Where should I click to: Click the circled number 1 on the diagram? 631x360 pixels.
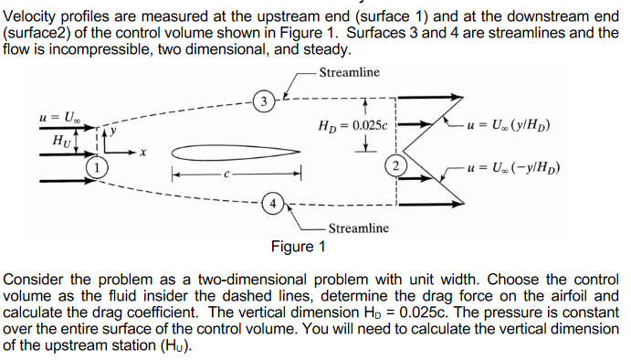coord(94,168)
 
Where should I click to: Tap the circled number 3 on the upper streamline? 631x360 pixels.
coord(263,100)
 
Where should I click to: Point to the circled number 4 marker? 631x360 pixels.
coord(270,203)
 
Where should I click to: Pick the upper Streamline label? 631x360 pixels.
coord(351,73)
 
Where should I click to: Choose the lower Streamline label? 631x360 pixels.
coord(358,228)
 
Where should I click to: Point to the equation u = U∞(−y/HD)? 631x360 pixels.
coord(512,167)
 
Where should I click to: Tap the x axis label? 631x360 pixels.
coord(143,153)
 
